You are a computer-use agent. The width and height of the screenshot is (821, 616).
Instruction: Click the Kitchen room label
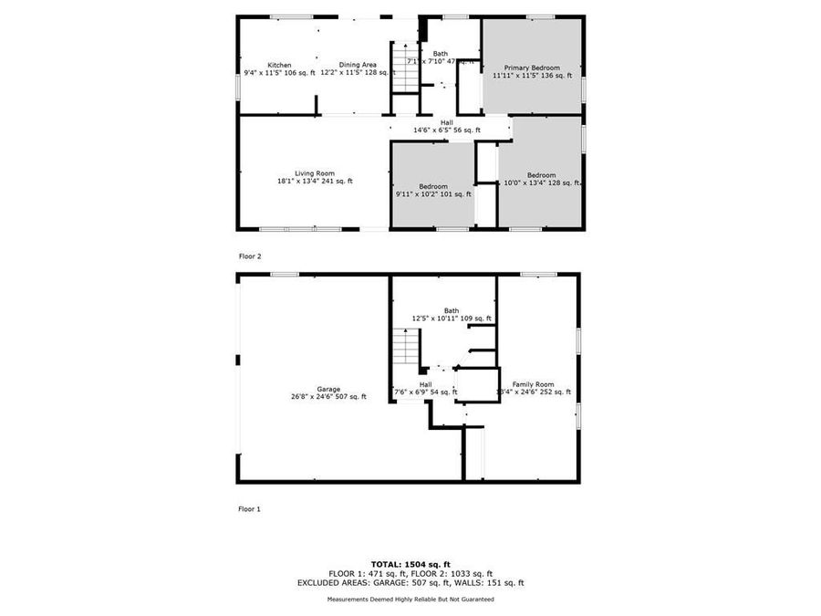[x=279, y=65]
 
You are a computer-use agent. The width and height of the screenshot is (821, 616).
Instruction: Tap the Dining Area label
[x=358, y=65]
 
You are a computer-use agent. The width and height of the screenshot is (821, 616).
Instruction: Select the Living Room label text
[x=314, y=173]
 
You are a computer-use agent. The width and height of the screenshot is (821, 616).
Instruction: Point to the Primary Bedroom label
[x=532, y=68]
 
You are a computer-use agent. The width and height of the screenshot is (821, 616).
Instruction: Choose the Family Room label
[x=533, y=384]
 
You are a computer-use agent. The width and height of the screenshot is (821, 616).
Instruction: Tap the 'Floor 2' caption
[x=250, y=256]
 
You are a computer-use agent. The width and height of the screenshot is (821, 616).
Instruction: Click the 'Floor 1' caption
[x=250, y=508]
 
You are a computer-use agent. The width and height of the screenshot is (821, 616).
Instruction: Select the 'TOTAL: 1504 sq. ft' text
[x=410, y=564]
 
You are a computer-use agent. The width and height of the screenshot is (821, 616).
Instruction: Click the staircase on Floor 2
[x=403, y=68]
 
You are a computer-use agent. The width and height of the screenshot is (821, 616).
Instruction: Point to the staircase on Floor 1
[x=404, y=348]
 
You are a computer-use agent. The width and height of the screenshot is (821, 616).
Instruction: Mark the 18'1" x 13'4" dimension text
[x=314, y=182]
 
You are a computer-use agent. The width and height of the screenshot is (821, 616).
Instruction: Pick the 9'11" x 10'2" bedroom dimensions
[x=433, y=193]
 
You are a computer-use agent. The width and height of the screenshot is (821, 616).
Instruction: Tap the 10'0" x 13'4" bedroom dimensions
[x=541, y=183]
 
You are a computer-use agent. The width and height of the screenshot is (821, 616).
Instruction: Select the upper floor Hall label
[x=446, y=122]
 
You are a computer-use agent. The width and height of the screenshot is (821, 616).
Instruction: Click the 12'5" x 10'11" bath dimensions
[x=452, y=318]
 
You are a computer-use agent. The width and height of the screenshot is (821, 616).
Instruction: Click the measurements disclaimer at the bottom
[x=410, y=600]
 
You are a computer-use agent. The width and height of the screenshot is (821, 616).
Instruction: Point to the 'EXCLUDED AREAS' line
[x=410, y=582]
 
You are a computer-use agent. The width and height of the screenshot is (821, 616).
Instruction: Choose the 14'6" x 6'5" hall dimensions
[x=446, y=131]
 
